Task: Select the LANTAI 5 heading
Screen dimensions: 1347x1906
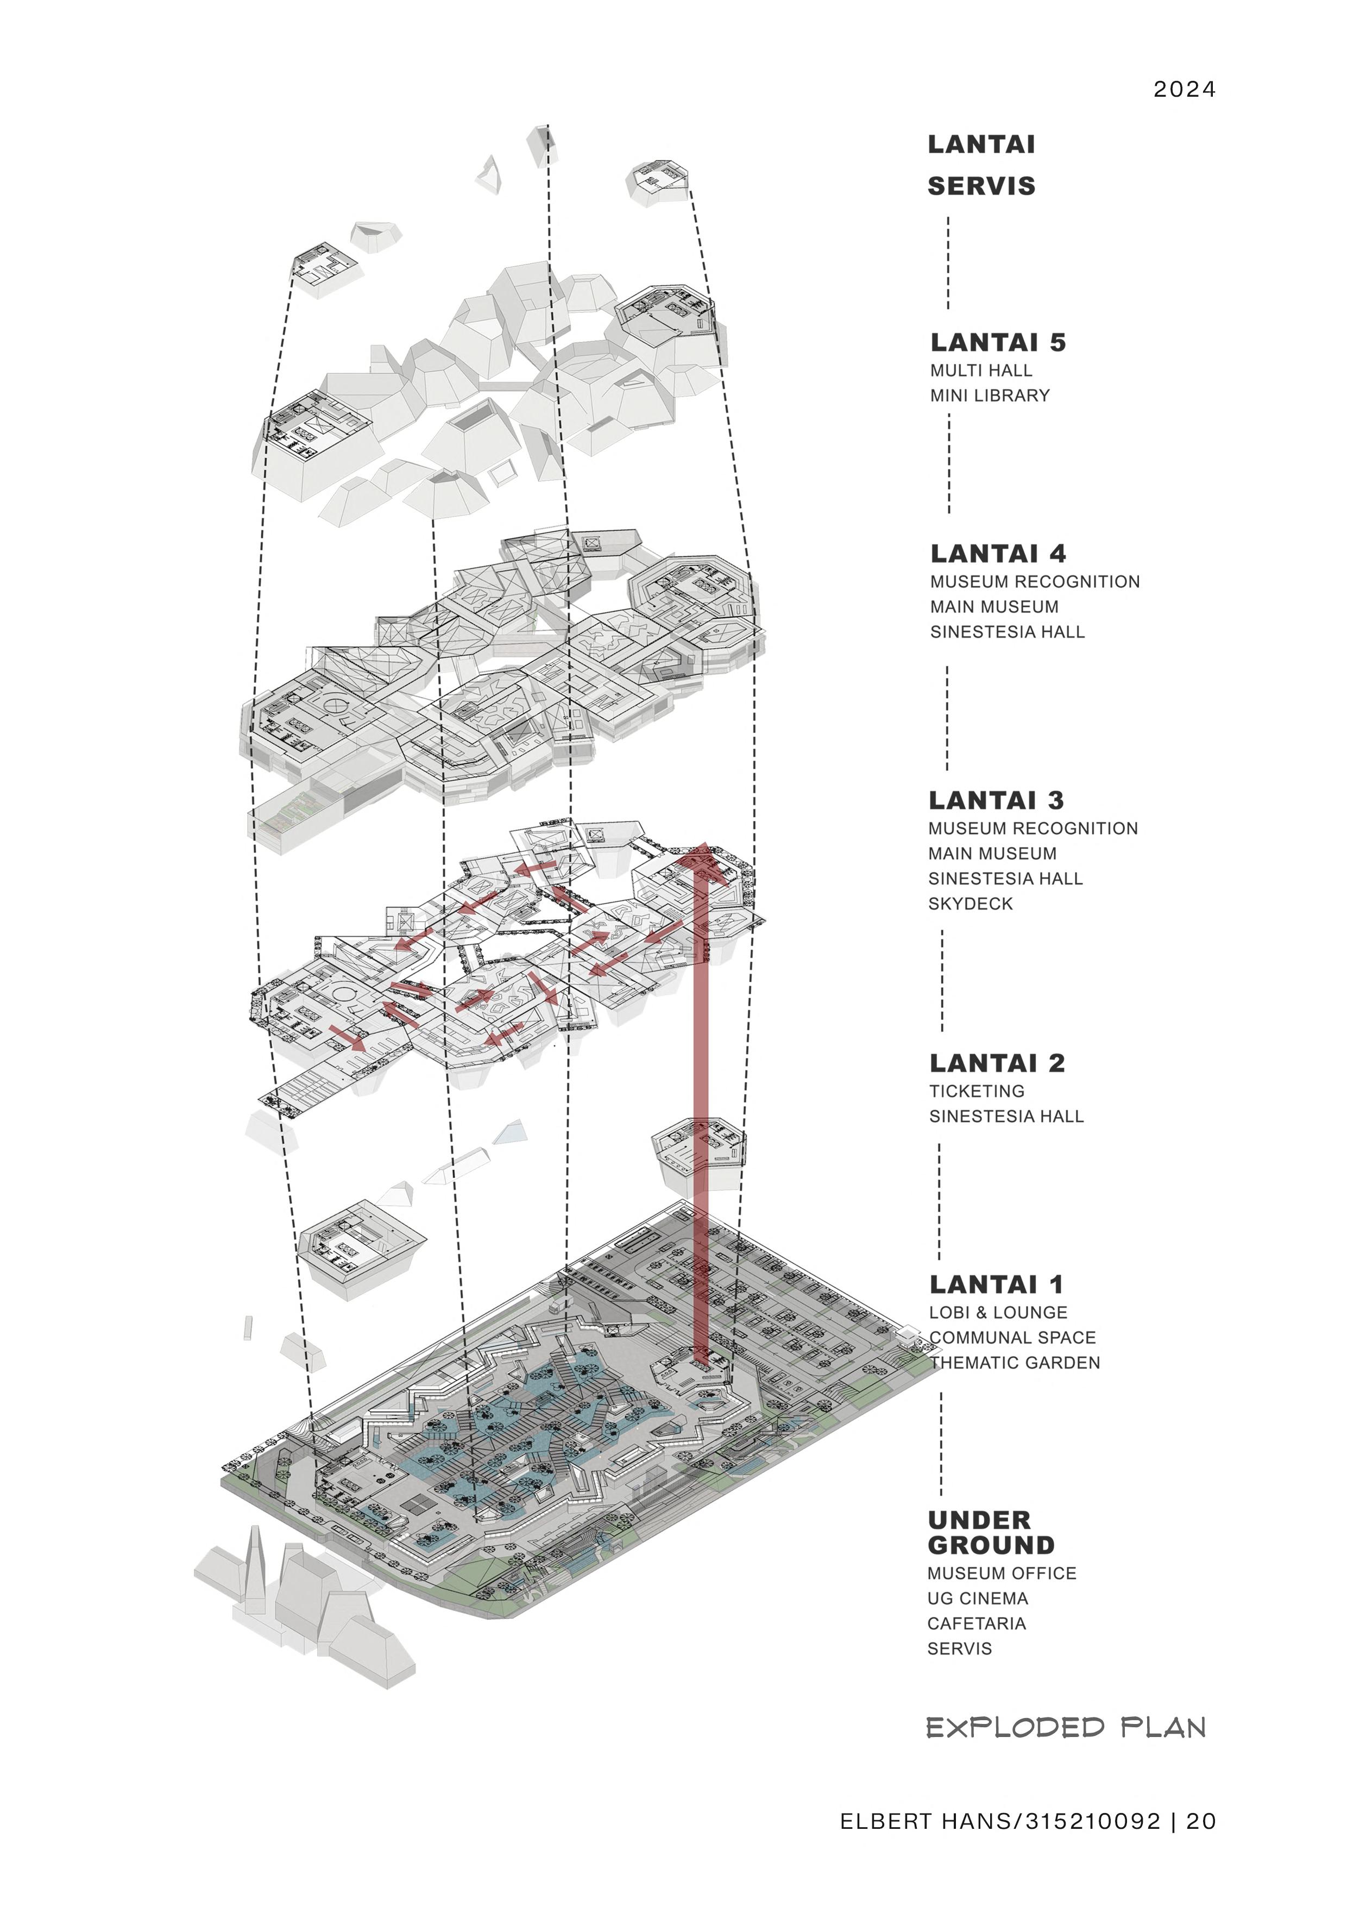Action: [x=998, y=342]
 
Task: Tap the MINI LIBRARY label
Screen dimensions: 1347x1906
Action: [x=989, y=396]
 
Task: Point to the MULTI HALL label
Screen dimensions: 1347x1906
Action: [x=981, y=371]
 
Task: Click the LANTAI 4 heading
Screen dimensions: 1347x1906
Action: [x=998, y=554]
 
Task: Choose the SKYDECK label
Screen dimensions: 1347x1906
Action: [x=970, y=904]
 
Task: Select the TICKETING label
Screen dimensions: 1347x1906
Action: [x=977, y=1092]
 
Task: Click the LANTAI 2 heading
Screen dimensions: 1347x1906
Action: [x=997, y=1063]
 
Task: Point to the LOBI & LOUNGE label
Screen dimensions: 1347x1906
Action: [x=998, y=1313]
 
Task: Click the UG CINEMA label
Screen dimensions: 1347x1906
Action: [x=978, y=1599]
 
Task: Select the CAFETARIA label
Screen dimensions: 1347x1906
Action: [x=977, y=1624]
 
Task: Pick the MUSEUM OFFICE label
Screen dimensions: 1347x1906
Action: [x=1002, y=1574]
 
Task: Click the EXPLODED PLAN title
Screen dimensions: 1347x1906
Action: [x=1066, y=1728]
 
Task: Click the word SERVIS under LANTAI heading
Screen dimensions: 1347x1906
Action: [x=981, y=187]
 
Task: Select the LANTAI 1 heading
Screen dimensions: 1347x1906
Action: [x=996, y=1285]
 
